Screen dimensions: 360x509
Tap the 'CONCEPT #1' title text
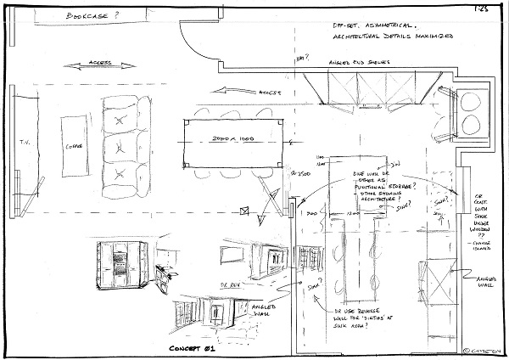pyautogui.click(x=196, y=348)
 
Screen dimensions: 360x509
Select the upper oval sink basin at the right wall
pyautogui.click(x=468, y=101)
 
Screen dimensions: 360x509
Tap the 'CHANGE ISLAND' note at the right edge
pyautogui.click(x=486, y=245)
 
